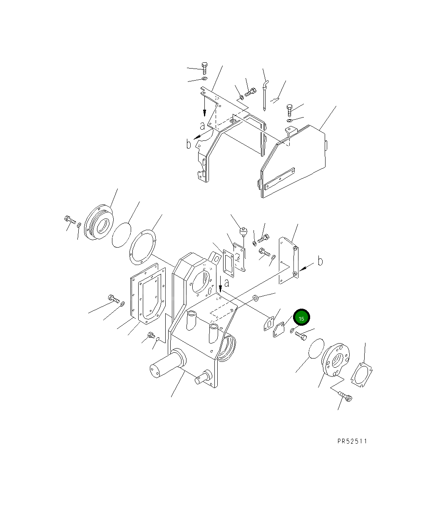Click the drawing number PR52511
click(352, 441)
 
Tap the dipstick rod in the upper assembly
click(264, 95)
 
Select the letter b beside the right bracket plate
click(320, 261)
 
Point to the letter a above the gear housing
click(226, 283)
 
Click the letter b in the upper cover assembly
click(189, 144)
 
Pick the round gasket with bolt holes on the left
click(142, 247)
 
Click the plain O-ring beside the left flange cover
click(122, 235)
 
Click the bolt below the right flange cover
click(345, 396)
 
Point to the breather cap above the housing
click(244, 231)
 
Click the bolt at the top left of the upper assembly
click(204, 68)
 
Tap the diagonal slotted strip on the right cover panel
click(279, 179)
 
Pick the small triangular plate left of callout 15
click(278, 330)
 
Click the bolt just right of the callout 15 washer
click(301, 336)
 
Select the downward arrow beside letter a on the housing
click(220, 284)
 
